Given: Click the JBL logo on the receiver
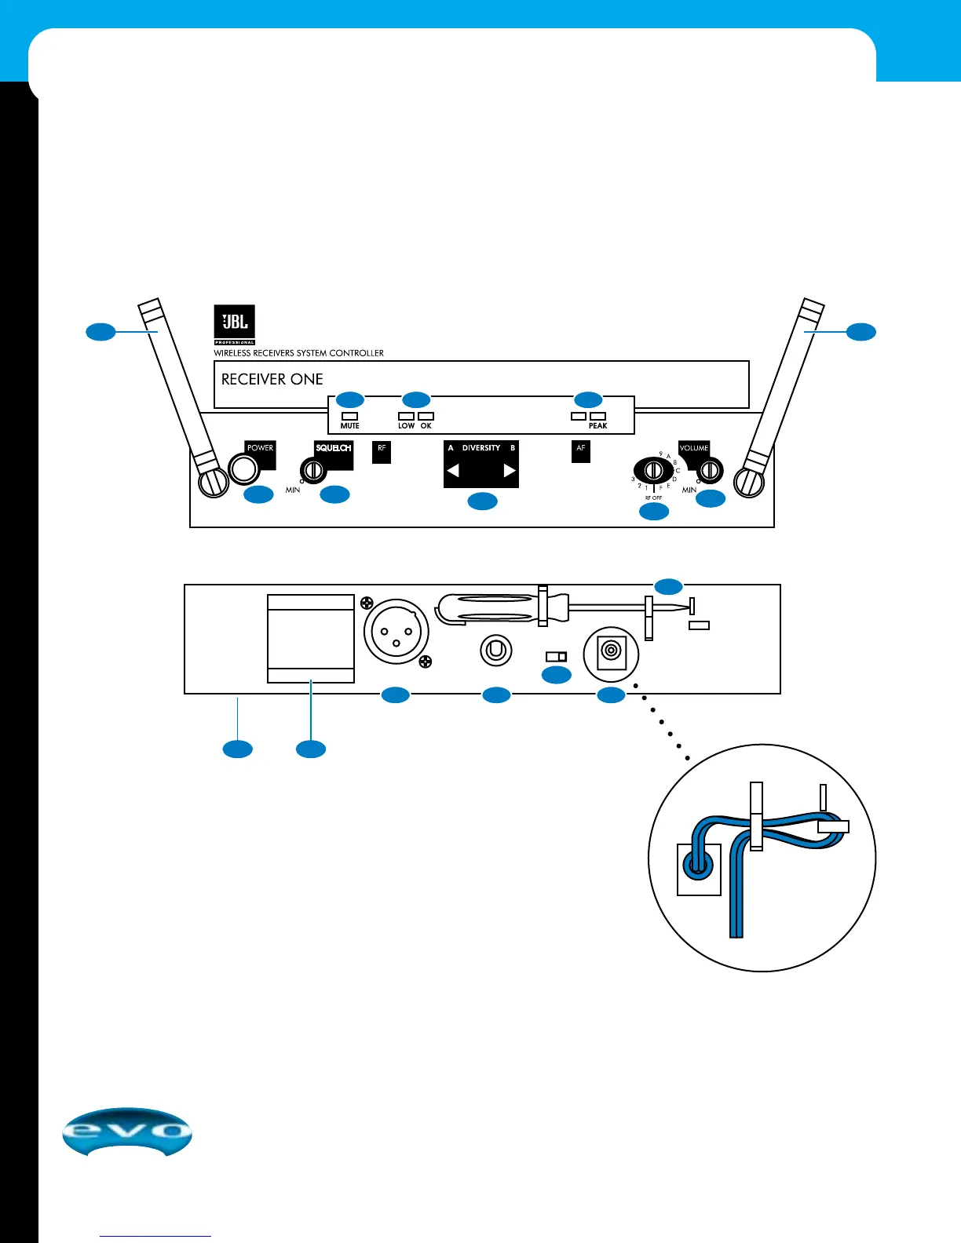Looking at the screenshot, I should [235, 323].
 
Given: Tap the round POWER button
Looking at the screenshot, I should [243, 469].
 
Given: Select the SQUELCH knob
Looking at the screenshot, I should [313, 471].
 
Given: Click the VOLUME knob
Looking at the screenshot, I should [710, 470].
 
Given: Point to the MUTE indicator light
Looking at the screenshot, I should [350, 416].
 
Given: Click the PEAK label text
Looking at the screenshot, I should [597, 426].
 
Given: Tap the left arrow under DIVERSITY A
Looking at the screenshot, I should [453, 471].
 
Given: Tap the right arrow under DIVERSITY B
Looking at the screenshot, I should [510, 471].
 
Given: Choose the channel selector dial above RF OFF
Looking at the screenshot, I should [653, 470].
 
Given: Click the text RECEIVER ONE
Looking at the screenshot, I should [272, 380].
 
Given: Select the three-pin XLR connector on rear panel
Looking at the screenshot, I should [396, 632].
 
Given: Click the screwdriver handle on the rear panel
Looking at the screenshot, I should [487, 608].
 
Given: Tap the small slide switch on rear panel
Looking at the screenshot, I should [557, 656].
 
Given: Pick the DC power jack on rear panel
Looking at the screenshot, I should [611, 651].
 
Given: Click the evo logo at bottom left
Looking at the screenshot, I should [127, 1132].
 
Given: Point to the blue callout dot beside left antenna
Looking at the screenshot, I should [100, 332].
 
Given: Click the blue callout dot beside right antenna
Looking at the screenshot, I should [861, 332].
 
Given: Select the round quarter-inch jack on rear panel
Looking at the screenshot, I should [496, 651].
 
